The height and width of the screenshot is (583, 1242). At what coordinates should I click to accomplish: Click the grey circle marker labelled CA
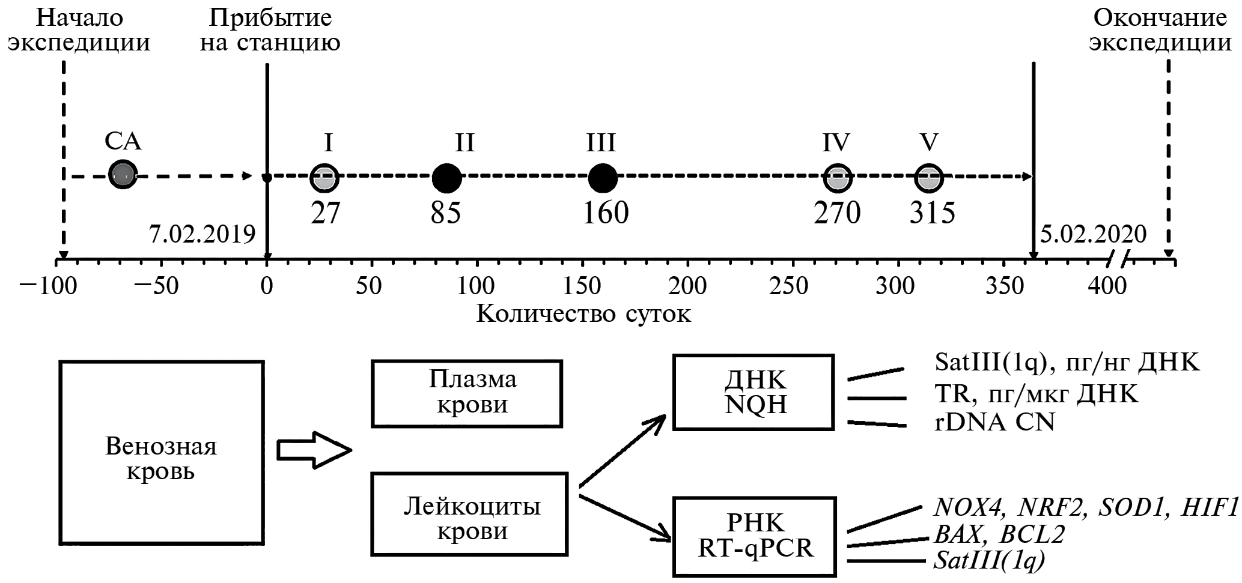coord(123,175)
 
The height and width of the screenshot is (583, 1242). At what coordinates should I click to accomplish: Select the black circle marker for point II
coord(447,178)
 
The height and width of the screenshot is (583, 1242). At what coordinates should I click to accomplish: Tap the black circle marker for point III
coord(602,178)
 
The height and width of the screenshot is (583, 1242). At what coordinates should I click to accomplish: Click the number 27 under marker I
coord(326,213)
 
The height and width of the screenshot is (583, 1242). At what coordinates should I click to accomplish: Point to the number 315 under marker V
coord(932,213)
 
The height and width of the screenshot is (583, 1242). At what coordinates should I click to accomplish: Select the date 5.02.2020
coord(1093,234)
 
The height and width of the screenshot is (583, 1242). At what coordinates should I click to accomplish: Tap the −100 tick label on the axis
coord(48,286)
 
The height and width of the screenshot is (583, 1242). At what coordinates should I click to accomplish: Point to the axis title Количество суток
coord(583,314)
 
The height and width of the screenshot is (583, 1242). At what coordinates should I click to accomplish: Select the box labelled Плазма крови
coord(467,393)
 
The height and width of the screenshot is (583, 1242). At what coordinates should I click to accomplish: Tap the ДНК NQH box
coord(753,392)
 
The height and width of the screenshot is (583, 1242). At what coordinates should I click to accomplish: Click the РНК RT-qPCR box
coord(755,536)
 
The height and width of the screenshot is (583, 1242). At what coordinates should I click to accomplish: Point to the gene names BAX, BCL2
coord(999,534)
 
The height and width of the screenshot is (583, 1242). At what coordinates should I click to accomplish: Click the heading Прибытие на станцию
coord(270,30)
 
